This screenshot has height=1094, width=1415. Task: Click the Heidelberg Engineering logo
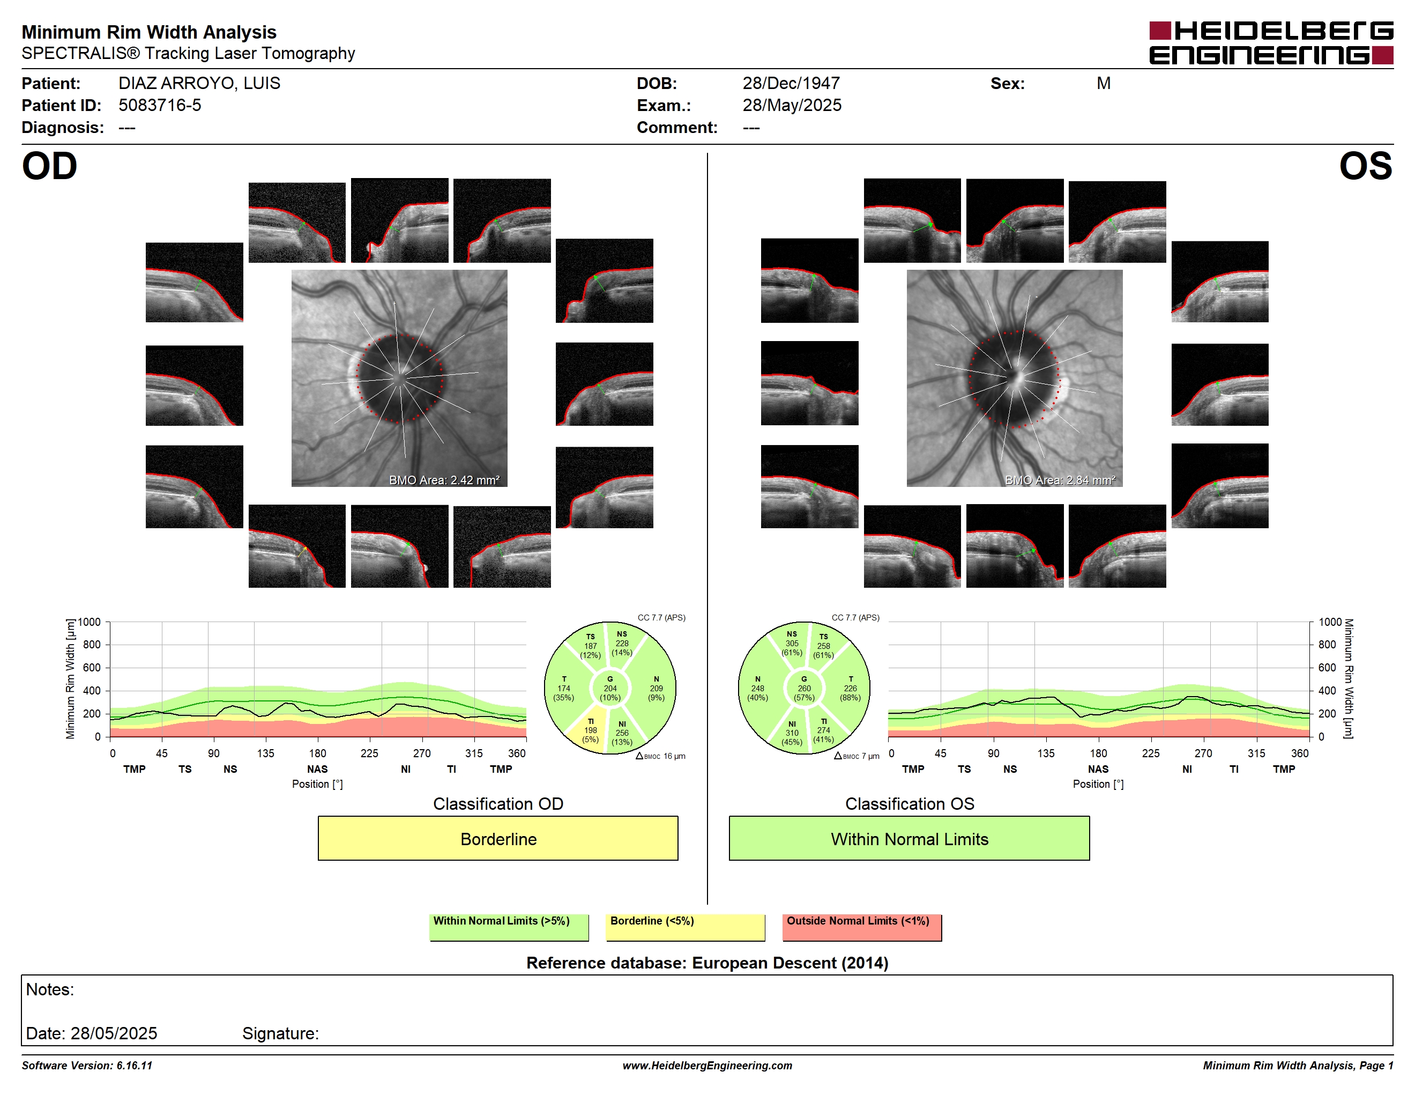click(x=1271, y=43)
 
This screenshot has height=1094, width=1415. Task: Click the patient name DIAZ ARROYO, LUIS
click(x=199, y=84)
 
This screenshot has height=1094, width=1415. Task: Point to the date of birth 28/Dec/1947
click(x=791, y=84)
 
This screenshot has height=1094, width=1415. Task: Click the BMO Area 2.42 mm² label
click(x=444, y=481)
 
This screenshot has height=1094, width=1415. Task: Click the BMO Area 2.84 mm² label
click(x=1060, y=481)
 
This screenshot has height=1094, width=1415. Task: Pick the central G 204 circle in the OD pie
click(x=609, y=688)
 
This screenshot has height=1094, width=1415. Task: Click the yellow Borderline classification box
click(x=497, y=839)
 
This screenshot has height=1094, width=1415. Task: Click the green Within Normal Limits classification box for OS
click(x=909, y=839)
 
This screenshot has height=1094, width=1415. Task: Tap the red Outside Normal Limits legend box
click(x=862, y=927)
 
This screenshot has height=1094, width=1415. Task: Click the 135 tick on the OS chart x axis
click(x=1046, y=753)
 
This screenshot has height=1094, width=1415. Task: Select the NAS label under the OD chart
click(x=317, y=770)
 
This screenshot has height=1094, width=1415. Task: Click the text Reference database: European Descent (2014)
click(x=707, y=963)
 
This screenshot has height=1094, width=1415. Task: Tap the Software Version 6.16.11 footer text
click(x=87, y=1066)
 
